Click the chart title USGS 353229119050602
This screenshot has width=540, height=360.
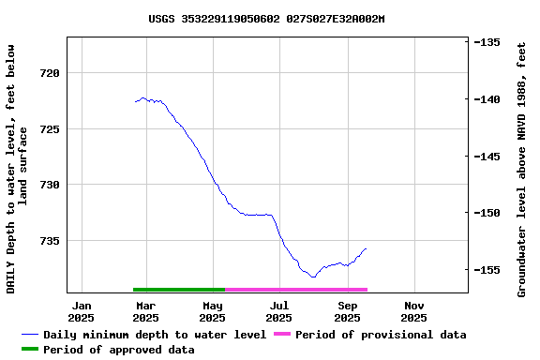coord(266,19)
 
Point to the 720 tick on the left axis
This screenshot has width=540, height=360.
coord(49,73)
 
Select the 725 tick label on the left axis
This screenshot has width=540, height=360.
coord(49,128)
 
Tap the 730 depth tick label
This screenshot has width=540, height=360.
coord(49,185)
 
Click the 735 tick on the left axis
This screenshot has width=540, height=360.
coord(49,241)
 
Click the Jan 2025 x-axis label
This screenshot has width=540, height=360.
coord(82,311)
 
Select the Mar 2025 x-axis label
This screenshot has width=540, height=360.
coord(146,311)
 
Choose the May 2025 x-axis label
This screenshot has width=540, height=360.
coord(213,311)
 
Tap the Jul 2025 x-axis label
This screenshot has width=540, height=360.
coord(279,311)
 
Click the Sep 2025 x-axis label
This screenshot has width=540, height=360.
coord(347,311)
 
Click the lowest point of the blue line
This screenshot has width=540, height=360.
coord(313,277)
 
